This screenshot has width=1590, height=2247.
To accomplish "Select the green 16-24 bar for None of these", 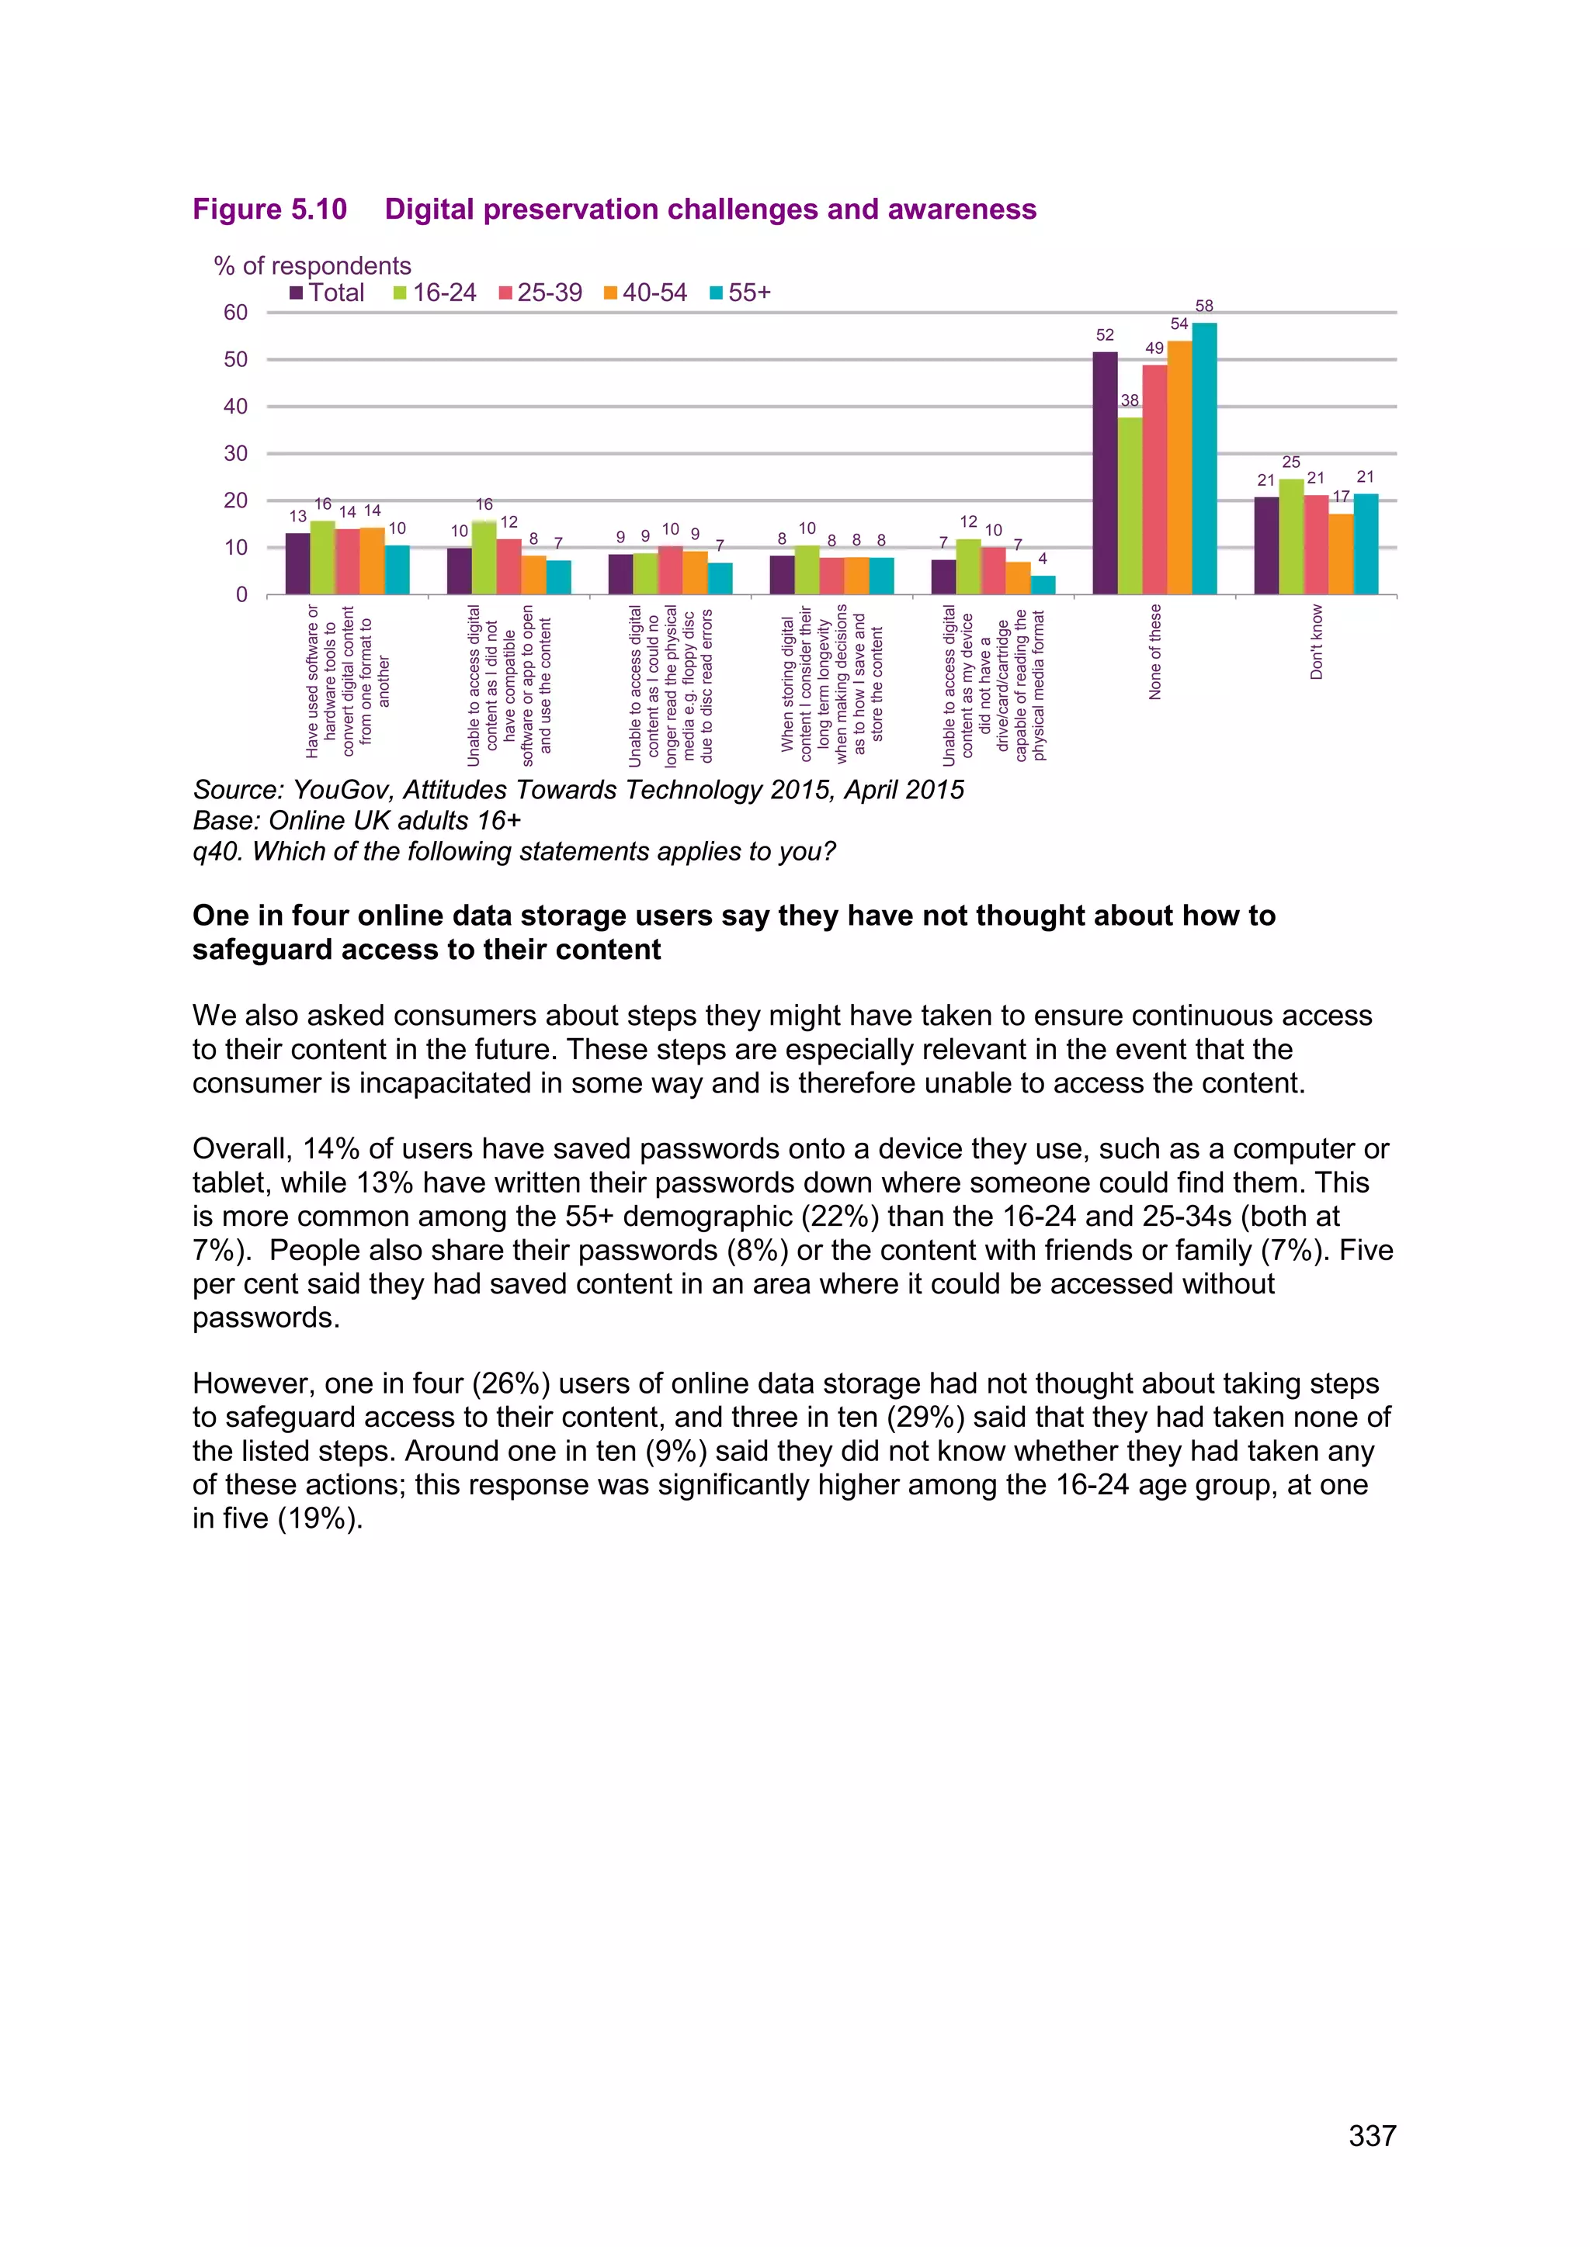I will (x=1130, y=506).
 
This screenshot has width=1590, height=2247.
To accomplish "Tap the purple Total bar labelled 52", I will (x=1105, y=473).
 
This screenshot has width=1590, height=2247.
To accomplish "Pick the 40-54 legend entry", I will (x=646, y=293).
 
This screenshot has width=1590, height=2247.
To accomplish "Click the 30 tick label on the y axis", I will (x=236, y=453).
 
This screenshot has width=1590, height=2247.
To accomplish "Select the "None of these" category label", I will (x=1154, y=652).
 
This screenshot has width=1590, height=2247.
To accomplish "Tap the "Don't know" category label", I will (x=1317, y=642).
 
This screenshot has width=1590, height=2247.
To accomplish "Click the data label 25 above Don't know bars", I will (x=1291, y=462).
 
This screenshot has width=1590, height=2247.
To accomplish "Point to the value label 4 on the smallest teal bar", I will (x=1043, y=559).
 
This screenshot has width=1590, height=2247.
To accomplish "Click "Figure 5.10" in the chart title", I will (x=269, y=209).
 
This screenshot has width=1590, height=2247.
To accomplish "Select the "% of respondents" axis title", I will (x=312, y=265).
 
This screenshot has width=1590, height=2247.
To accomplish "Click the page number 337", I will (x=1372, y=2135).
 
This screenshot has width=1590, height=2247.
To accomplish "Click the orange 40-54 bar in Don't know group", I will (x=1340, y=554).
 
